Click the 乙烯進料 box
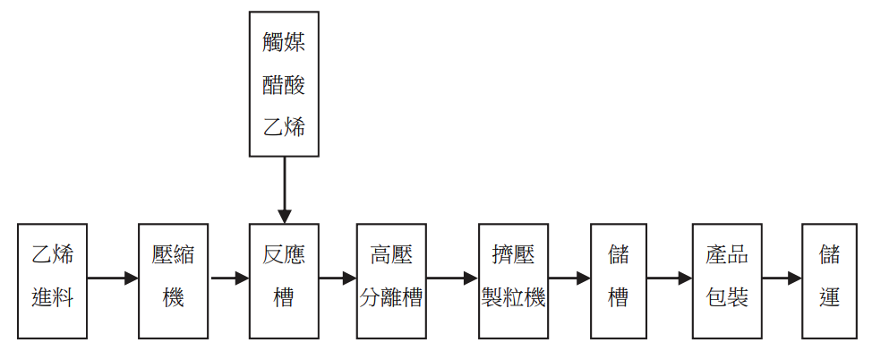click(x=53, y=280)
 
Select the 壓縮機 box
click(x=174, y=280)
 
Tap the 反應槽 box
click(x=284, y=280)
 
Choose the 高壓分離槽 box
click(x=391, y=280)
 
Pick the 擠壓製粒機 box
click(x=513, y=280)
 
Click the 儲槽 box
click(x=619, y=280)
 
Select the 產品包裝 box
click(x=727, y=280)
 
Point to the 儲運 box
click(x=830, y=280)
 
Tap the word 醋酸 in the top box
click(x=284, y=85)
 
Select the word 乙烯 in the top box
click(x=284, y=127)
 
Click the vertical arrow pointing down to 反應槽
click(x=284, y=190)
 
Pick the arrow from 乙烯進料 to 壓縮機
click(x=113, y=279)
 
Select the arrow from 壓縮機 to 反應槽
click(x=229, y=279)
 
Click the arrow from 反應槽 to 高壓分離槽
click(x=338, y=279)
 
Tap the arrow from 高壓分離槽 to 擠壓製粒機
click(x=452, y=279)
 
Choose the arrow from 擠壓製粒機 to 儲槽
click(x=569, y=279)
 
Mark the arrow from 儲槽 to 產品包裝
click(x=670, y=279)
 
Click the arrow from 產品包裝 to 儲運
click(x=782, y=279)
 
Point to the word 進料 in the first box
click(x=53, y=298)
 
